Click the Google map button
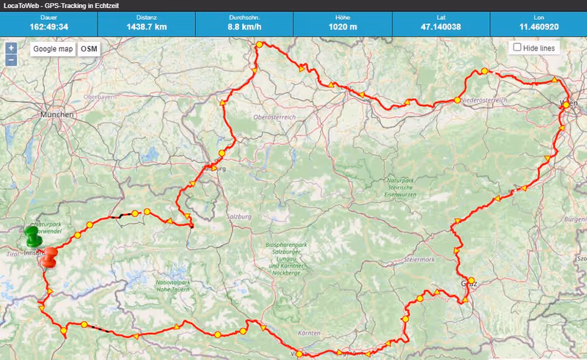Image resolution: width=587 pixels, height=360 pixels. (x=54, y=49)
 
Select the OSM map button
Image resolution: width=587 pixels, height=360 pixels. (x=89, y=49)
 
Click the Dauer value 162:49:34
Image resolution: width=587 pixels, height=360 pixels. (x=48, y=27)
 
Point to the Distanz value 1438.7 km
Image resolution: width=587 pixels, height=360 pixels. (x=146, y=27)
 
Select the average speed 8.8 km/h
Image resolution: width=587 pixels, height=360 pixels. (x=244, y=27)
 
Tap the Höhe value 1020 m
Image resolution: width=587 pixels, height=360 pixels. (x=342, y=27)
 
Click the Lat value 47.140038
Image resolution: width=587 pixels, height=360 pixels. (x=440, y=27)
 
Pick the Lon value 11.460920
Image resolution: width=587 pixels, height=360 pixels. (x=537, y=27)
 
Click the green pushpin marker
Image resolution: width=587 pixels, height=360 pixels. (x=32, y=236)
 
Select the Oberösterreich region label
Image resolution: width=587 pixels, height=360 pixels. (x=273, y=117)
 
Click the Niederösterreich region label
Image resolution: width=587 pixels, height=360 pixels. (x=484, y=100)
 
